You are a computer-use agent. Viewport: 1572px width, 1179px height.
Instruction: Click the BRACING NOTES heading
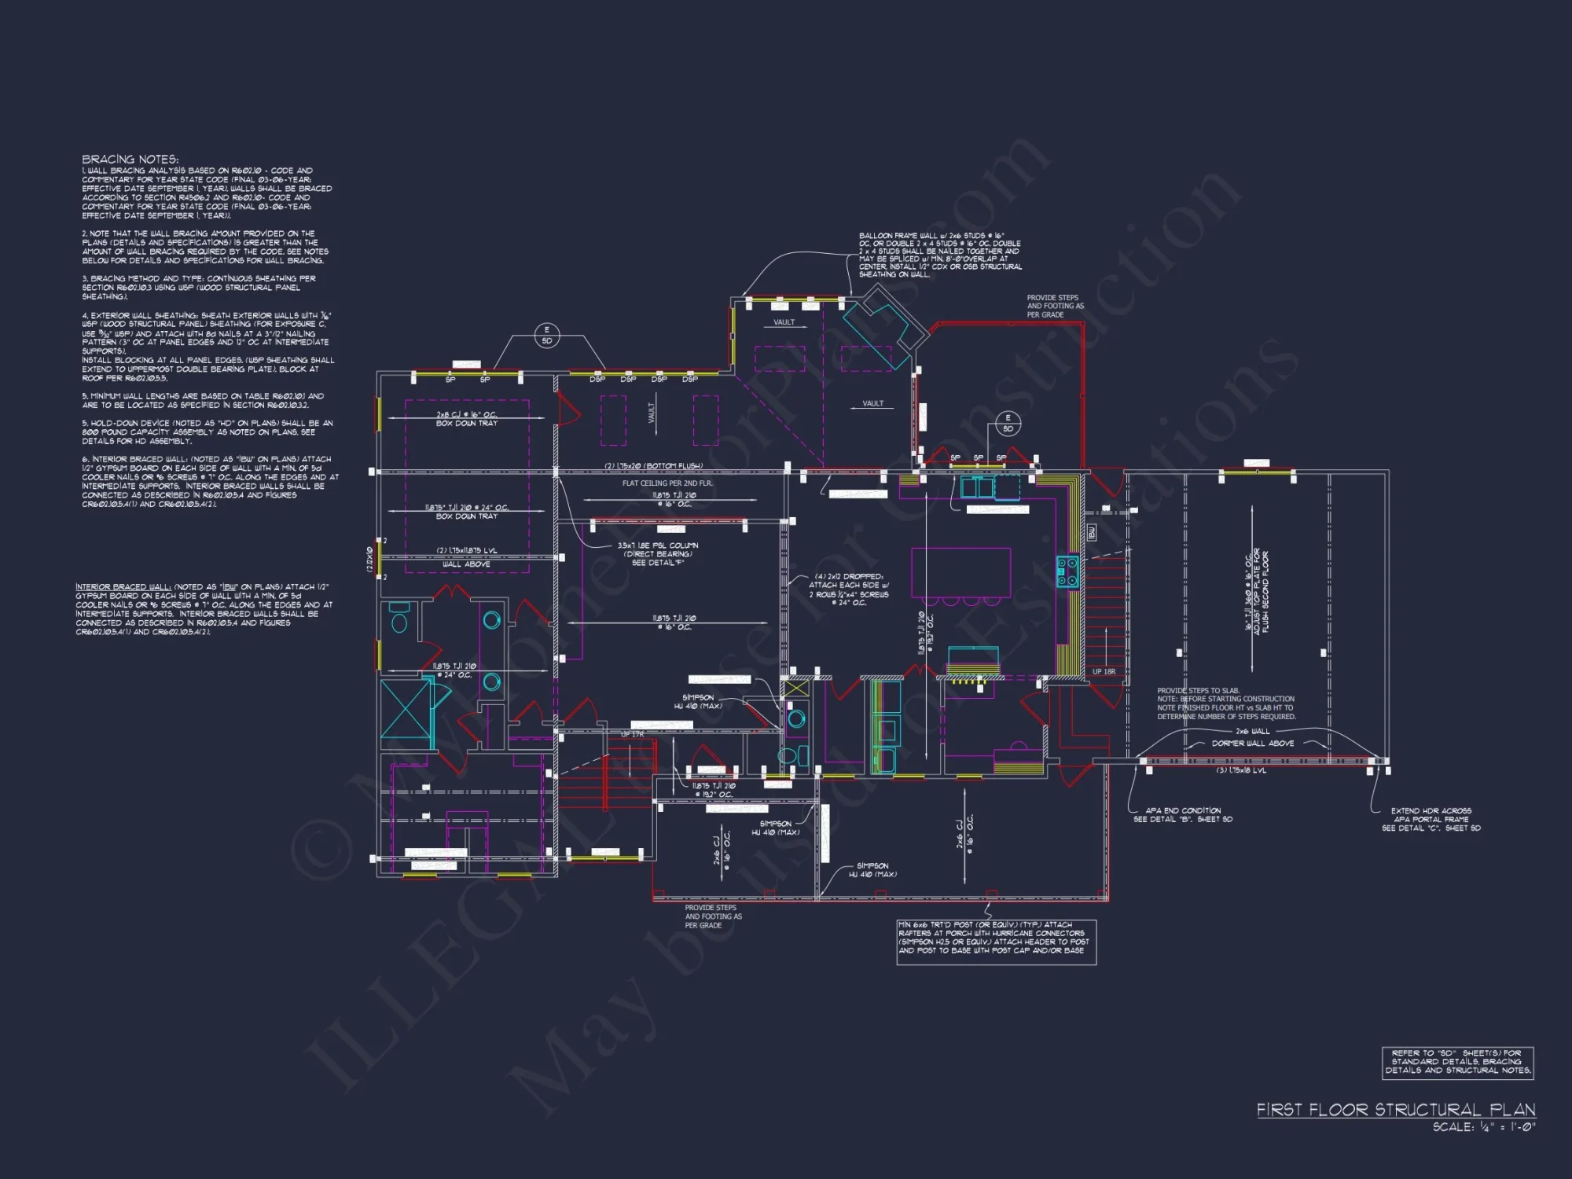(x=130, y=160)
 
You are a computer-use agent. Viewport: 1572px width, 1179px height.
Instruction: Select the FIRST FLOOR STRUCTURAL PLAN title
(x=1395, y=1110)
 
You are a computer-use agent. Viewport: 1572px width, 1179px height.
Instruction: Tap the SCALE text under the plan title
(x=1483, y=1127)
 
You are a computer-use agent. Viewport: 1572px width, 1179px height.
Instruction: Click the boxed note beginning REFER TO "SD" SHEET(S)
(x=1457, y=1062)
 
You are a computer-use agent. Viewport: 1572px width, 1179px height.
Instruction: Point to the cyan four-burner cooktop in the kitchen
(x=1067, y=571)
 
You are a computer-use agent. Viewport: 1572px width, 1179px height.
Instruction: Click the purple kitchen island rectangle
(x=960, y=572)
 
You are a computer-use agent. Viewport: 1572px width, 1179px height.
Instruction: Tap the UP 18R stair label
(x=1104, y=672)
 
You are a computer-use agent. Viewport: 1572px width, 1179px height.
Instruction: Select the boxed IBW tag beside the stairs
(x=1091, y=533)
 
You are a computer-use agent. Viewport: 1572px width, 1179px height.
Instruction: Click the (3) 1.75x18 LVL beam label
(x=1241, y=770)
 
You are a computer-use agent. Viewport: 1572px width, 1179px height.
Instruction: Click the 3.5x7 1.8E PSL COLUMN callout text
(x=657, y=545)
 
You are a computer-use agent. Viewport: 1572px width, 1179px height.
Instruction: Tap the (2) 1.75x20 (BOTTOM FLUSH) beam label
(x=652, y=466)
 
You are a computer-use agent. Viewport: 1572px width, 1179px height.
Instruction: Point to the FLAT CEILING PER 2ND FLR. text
(x=667, y=483)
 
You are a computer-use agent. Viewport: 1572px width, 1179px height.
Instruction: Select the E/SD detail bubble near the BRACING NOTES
(x=547, y=336)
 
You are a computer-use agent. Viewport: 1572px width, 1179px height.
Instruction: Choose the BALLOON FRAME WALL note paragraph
(x=940, y=255)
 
